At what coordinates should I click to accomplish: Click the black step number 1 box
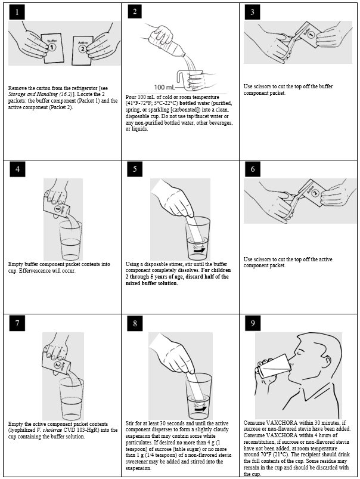coord(17,13)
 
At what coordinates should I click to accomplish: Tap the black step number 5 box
coord(135,169)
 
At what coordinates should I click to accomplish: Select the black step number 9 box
coord(253,323)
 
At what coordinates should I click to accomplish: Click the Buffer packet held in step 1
coord(52,48)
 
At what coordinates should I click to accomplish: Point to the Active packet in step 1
coord(82,50)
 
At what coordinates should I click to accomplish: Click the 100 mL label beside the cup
coord(165,87)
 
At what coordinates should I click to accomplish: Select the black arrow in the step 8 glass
coord(201,409)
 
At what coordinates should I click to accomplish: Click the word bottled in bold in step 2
coord(188,103)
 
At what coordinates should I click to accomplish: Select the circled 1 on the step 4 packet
coord(57,209)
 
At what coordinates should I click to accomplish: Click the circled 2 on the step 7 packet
coord(57,365)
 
